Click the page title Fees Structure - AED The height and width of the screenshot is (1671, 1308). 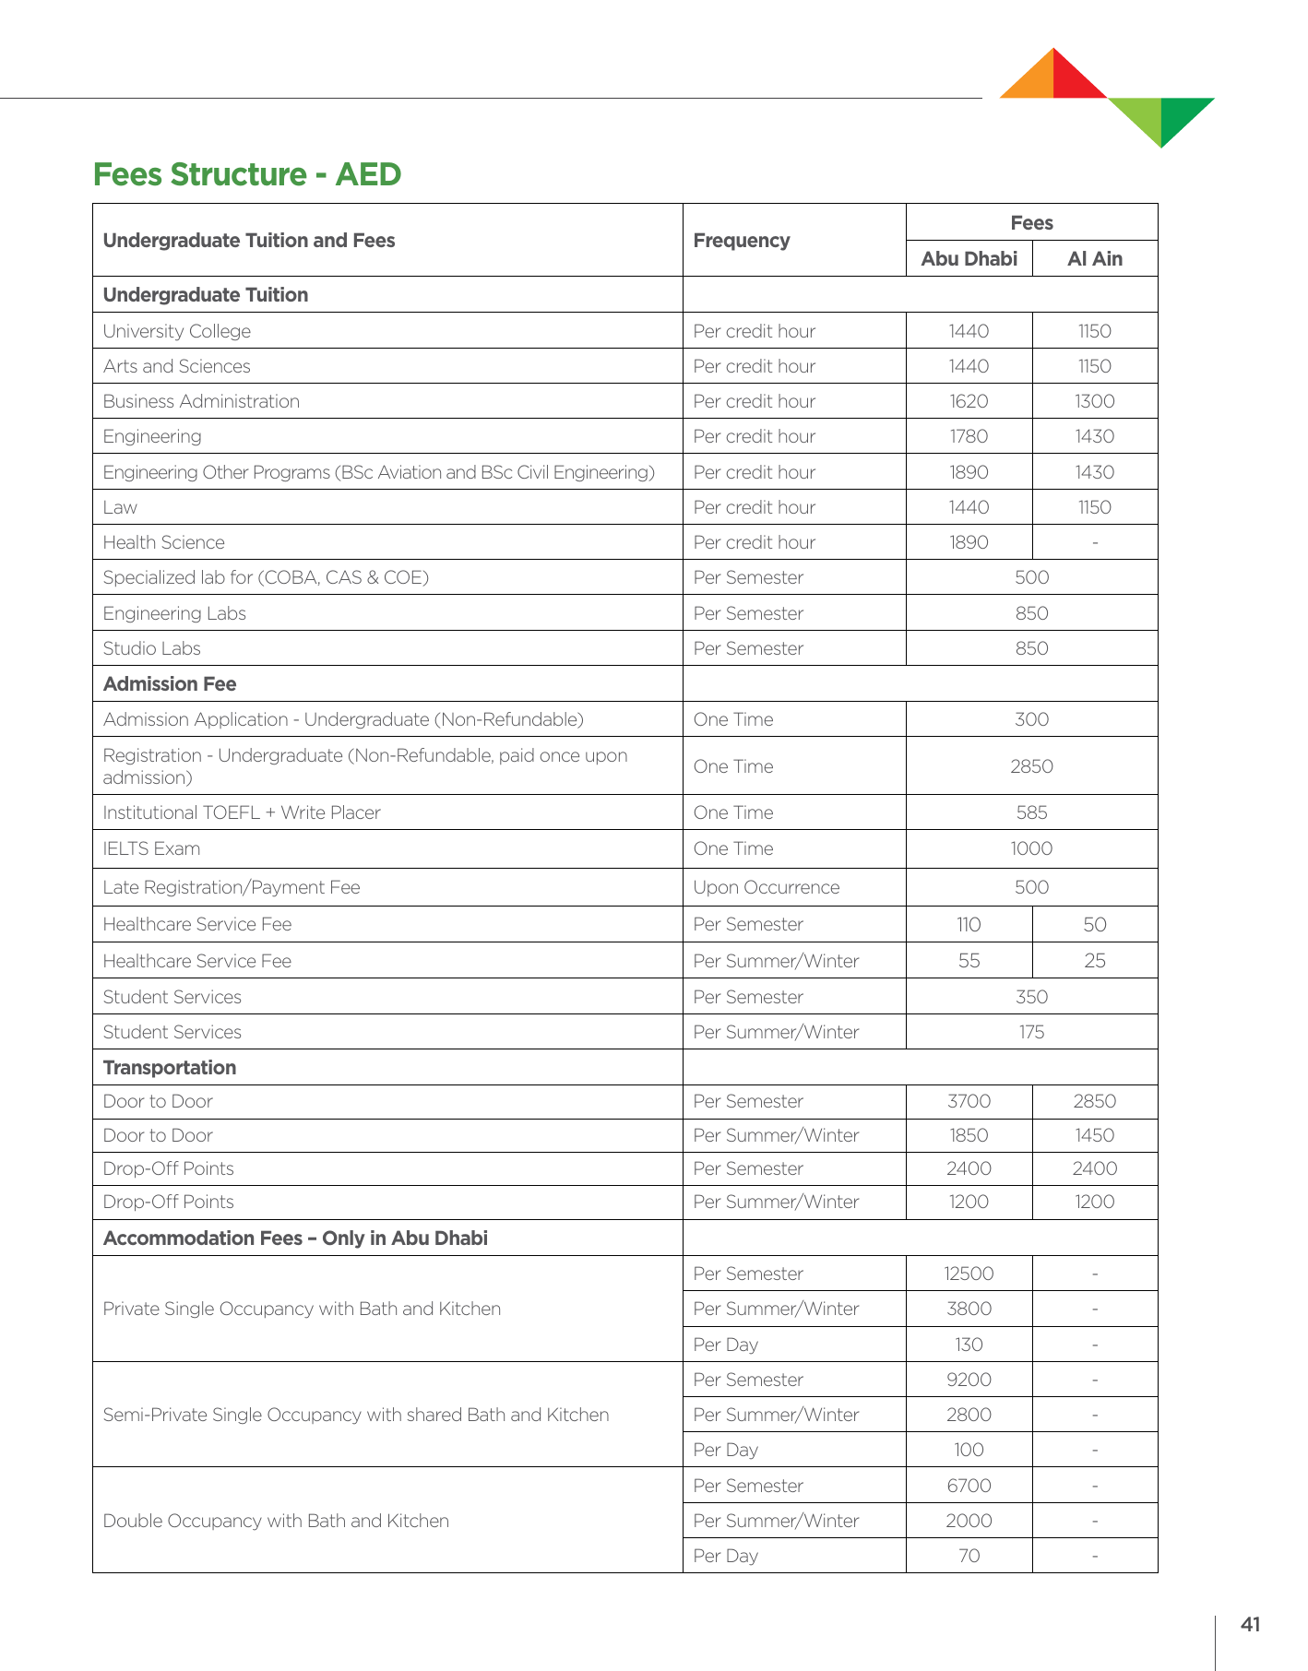coord(247,174)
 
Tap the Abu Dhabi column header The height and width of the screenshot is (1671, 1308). coord(969,258)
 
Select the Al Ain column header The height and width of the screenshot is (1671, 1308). coord(1094,258)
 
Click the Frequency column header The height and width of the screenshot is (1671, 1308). coord(741,241)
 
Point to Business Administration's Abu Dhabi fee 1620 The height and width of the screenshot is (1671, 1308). coord(969,401)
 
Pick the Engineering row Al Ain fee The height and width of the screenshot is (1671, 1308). coord(1094,436)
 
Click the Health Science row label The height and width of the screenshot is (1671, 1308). coord(164,542)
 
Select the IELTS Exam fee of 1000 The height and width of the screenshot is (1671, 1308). coord(1031,848)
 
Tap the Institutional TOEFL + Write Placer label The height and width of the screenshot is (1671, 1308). coord(242,812)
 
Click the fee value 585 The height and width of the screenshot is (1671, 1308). coord(1031,812)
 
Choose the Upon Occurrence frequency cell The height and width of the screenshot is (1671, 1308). coord(767,887)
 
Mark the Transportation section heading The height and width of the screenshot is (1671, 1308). coord(170,1067)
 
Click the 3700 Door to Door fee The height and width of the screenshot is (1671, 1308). coord(969,1101)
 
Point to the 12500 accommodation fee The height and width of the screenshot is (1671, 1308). coord(969,1274)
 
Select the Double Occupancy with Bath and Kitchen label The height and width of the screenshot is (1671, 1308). coord(276,1521)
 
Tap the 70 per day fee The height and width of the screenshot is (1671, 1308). coord(969,1556)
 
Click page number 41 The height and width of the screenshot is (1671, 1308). coord(1250,1624)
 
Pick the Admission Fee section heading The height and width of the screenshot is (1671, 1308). coord(170,684)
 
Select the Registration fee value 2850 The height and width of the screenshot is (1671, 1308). coord(1031,766)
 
